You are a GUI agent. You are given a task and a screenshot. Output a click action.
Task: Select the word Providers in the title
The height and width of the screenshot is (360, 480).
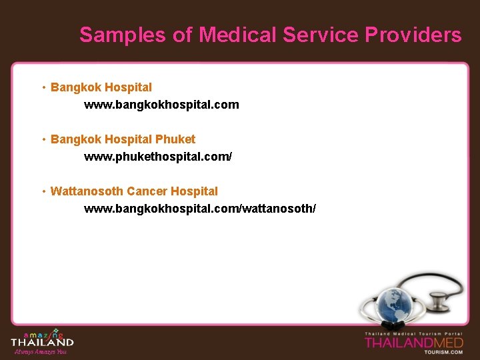[413, 35]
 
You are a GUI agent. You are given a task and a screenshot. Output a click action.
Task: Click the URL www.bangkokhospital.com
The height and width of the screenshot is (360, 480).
[161, 105]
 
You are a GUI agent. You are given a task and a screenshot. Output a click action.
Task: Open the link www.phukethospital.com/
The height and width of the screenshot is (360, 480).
[158, 157]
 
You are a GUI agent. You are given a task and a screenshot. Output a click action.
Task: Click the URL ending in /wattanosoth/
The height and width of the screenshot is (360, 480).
[199, 209]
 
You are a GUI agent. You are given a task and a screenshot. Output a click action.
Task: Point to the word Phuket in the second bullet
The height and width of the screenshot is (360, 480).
[175, 139]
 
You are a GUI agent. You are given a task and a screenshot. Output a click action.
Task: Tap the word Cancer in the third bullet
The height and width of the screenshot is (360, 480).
[147, 191]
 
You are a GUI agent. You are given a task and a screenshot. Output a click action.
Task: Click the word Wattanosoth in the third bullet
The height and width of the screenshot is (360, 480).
[87, 191]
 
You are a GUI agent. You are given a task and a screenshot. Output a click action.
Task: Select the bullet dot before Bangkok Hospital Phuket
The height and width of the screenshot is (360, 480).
[43, 139]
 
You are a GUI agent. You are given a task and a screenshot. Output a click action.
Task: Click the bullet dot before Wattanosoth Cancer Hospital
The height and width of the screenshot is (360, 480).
[43, 191]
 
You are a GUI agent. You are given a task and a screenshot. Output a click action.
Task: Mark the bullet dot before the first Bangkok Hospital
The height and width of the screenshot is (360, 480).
[43, 87]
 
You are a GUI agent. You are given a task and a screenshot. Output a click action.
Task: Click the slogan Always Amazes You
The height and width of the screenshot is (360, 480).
[40, 351]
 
